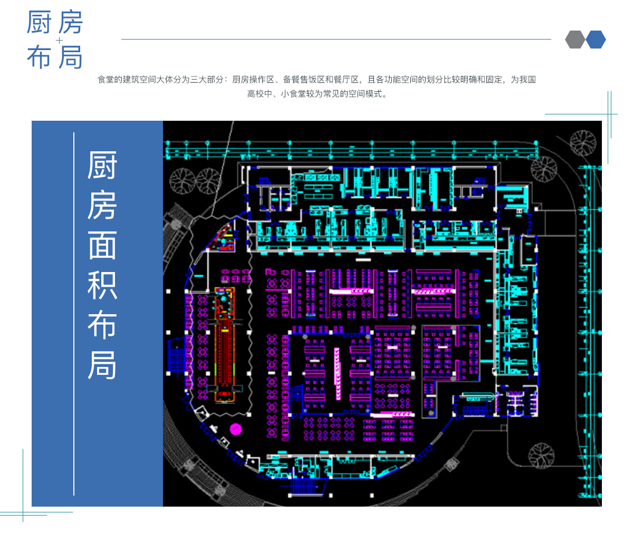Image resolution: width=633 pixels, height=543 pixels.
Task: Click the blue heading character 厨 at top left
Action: click(39, 22)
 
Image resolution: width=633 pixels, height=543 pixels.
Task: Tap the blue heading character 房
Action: click(71, 22)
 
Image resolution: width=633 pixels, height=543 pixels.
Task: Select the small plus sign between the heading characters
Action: click(60, 40)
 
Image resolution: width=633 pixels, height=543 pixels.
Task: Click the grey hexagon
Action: click(575, 40)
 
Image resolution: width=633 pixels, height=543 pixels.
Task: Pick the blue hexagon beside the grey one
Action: click(596, 40)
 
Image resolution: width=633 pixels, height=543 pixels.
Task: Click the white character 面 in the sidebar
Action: click(102, 245)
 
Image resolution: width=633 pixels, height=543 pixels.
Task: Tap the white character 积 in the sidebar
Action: click(102, 285)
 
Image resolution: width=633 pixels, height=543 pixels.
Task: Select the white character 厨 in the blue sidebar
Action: click(102, 166)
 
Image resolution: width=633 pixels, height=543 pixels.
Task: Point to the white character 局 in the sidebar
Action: click(102, 365)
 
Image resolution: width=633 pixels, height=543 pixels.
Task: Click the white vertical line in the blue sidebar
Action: click(74, 314)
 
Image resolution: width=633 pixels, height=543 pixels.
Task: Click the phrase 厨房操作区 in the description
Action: click(253, 80)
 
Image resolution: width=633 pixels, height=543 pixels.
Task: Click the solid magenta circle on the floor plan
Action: click(235, 429)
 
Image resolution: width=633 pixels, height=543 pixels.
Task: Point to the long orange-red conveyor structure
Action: click(225, 344)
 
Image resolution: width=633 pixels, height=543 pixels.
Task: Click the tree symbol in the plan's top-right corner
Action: click(583, 143)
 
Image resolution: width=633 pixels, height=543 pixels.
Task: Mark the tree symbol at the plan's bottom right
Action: click(541, 455)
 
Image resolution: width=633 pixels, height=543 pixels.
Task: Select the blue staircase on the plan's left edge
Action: click(177, 355)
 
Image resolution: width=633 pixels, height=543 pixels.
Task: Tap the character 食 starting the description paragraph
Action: click(102, 80)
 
